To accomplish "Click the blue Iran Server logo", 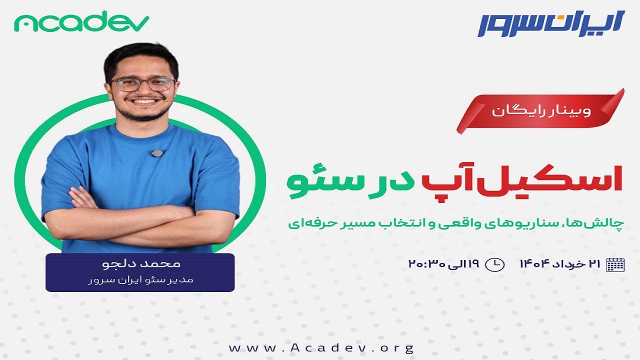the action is click(x=551, y=23).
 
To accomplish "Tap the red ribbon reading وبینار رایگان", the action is click(x=540, y=111).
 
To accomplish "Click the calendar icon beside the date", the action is click(x=615, y=264).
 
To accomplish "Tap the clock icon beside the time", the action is click(x=495, y=264).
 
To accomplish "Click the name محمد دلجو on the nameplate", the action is click(x=141, y=263).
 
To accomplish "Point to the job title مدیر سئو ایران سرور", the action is click(x=140, y=280).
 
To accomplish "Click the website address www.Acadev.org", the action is click(x=321, y=347).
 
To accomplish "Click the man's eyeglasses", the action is click(x=143, y=84).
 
